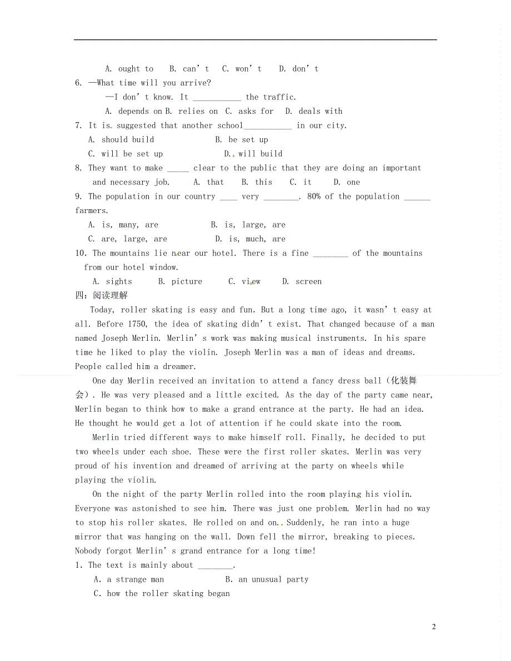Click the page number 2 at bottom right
pos(434,627)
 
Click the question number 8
pos(78,168)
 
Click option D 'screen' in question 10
pos(302,281)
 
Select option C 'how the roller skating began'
pos(162,593)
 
